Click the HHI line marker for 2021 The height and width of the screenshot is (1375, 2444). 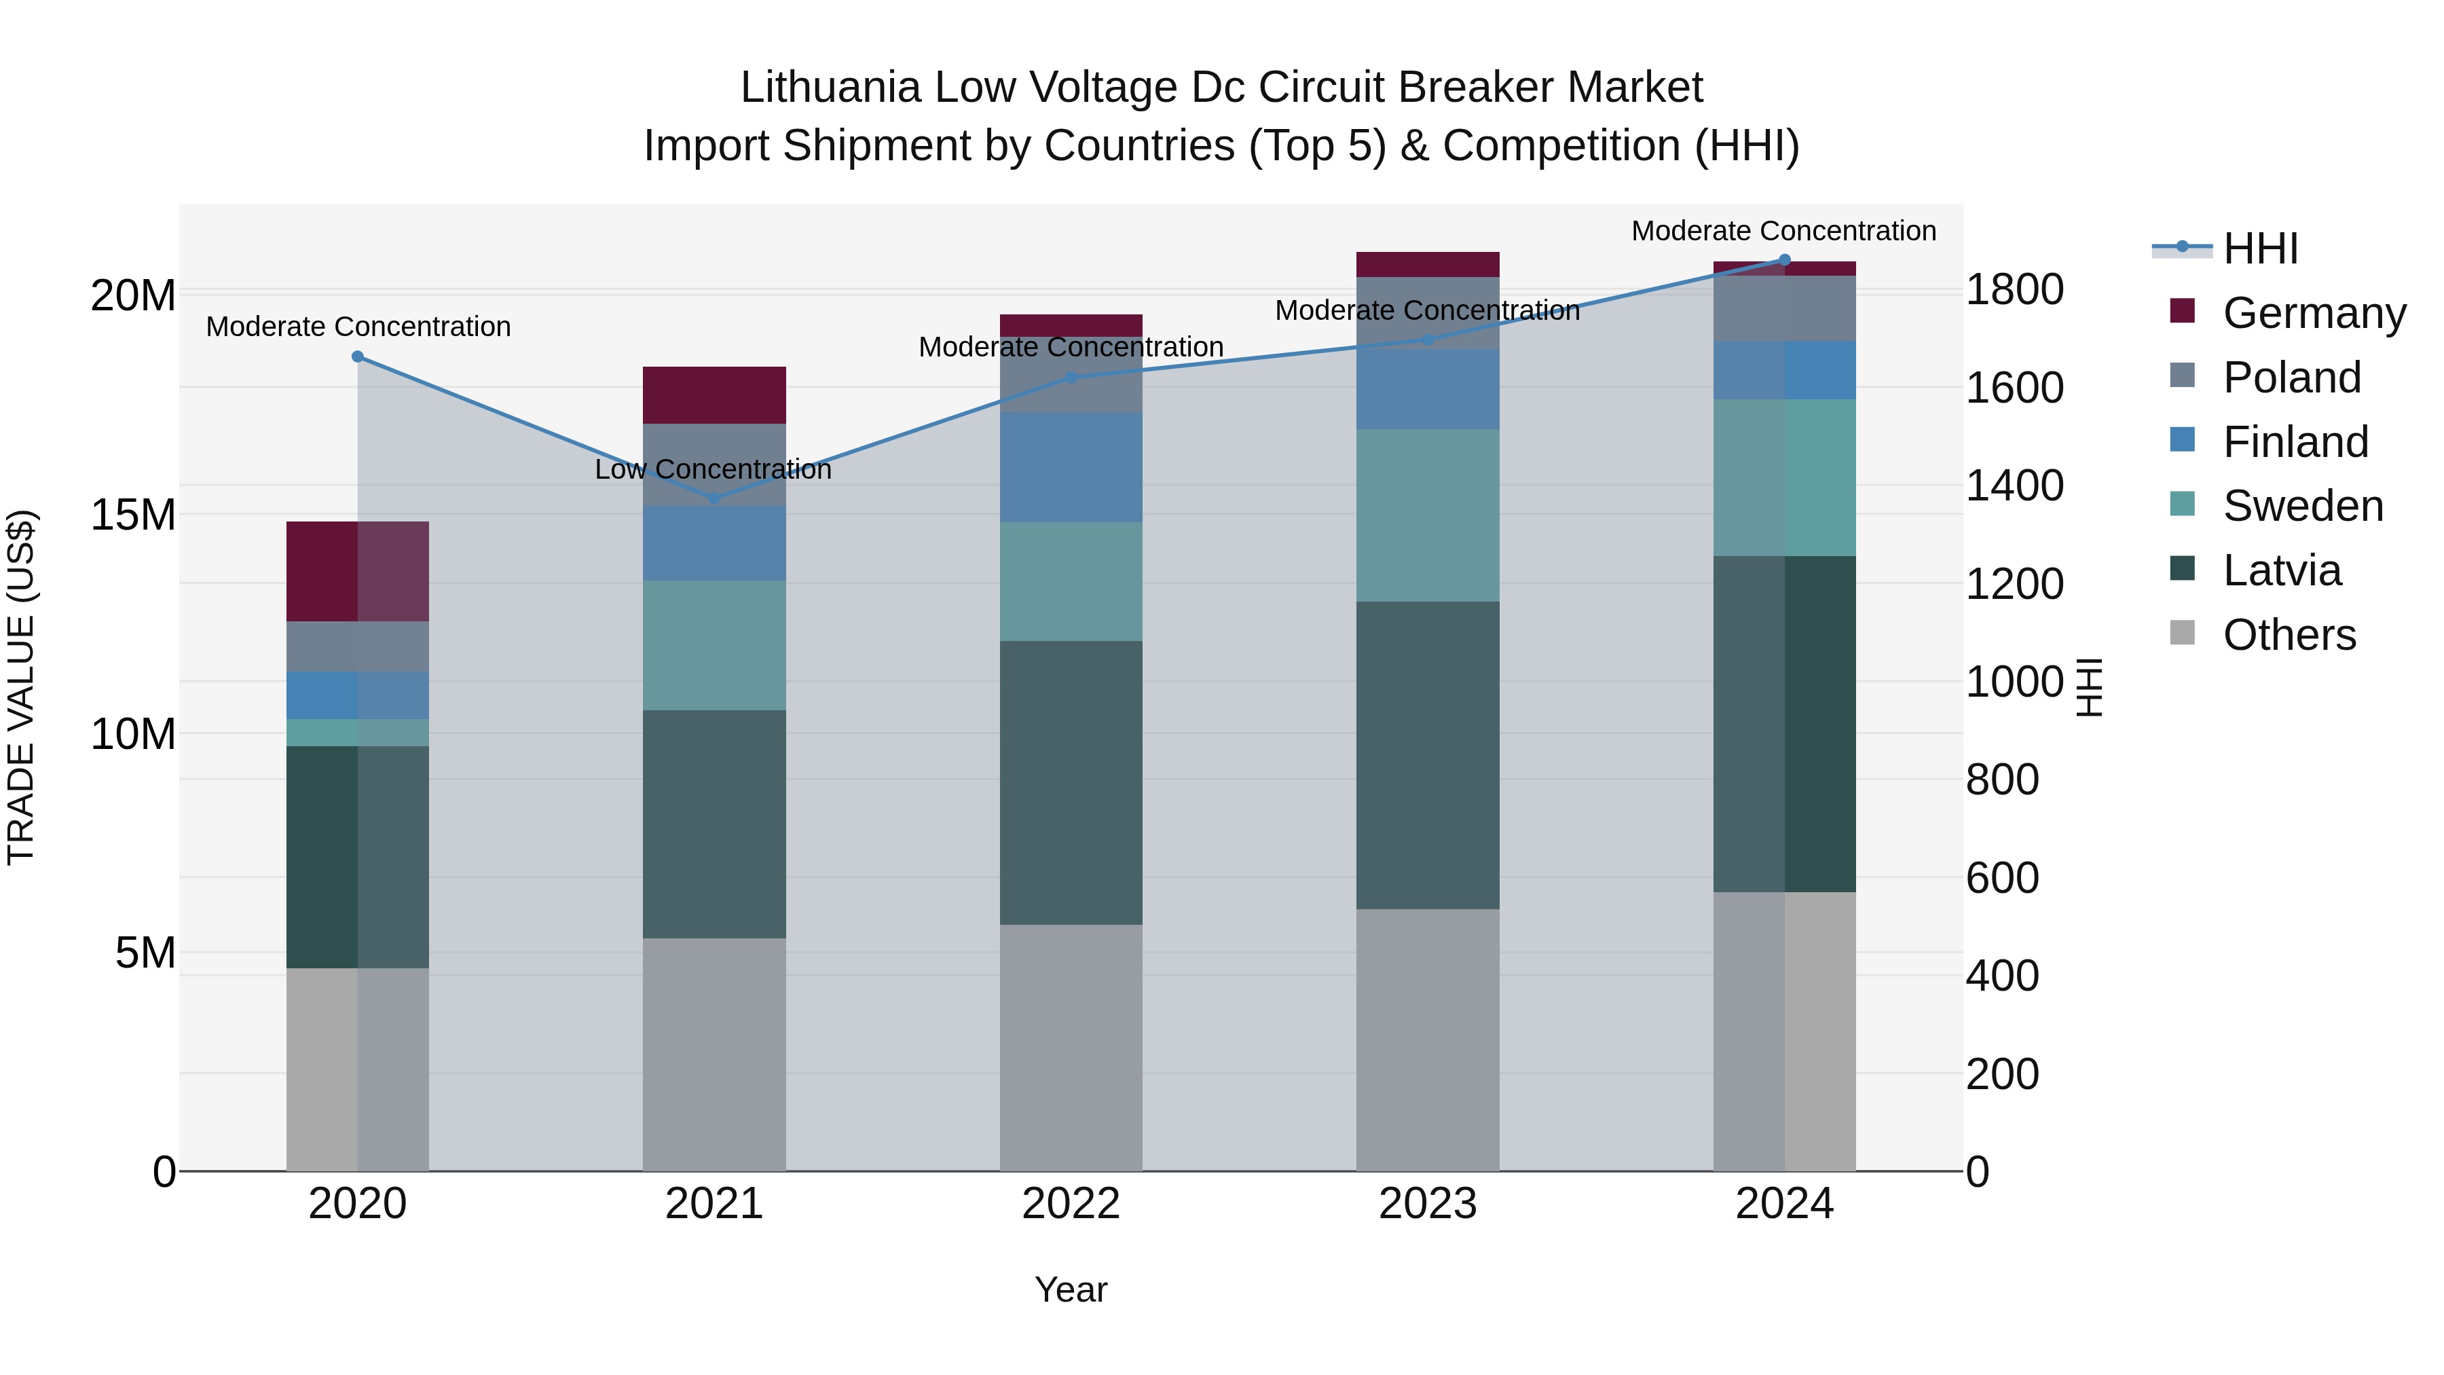(x=714, y=498)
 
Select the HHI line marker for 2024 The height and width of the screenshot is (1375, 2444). (x=1785, y=260)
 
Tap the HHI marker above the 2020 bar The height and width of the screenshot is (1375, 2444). (x=358, y=356)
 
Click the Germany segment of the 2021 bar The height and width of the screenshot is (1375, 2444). (x=714, y=395)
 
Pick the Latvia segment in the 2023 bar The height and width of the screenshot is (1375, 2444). (x=1428, y=755)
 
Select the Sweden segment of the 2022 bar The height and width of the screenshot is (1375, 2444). (x=1071, y=582)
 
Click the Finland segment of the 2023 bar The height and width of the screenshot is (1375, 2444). (x=1428, y=389)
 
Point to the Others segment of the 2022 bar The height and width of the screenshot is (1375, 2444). (x=1071, y=1048)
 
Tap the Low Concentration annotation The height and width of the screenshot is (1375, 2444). (x=713, y=470)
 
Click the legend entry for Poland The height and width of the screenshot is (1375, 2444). (x=2291, y=378)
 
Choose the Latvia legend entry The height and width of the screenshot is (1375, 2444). (x=2282, y=570)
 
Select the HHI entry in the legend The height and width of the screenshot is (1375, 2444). (x=2260, y=249)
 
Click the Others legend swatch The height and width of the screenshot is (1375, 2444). (x=2182, y=633)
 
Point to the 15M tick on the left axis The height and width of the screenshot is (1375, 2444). (x=133, y=515)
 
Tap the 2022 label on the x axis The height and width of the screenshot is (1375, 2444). (x=1071, y=1204)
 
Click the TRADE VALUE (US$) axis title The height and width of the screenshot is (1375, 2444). (x=21, y=687)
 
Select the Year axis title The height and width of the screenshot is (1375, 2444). (x=1071, y=1289)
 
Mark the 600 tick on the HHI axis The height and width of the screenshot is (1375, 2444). (x=2002, y=878)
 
